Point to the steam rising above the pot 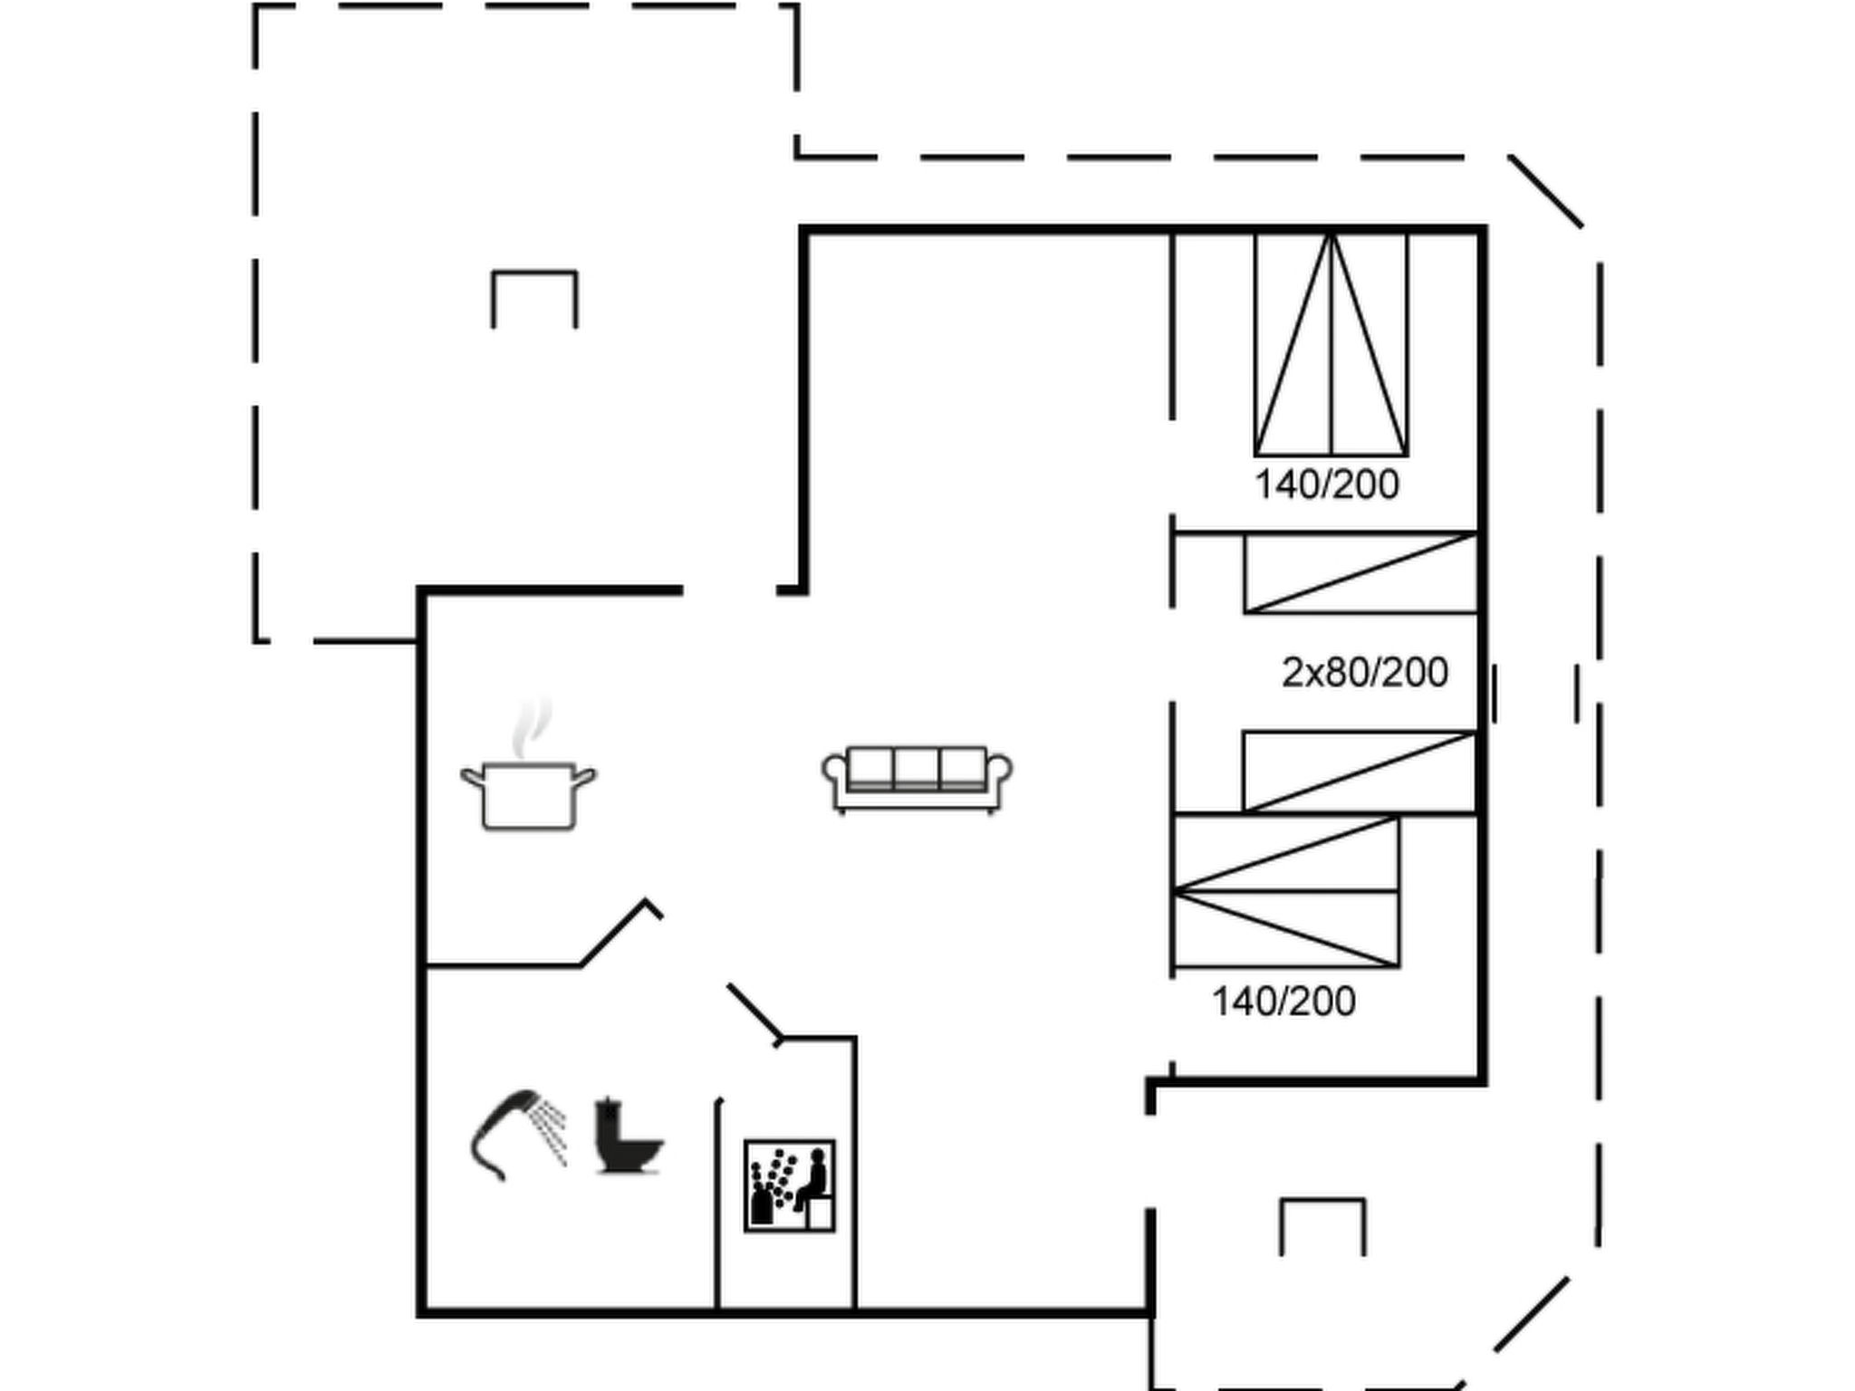(532, 727)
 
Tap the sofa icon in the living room (917, 780)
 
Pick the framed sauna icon (789, 1185)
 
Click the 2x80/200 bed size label (1364, 672)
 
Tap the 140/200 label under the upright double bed (1326, 484)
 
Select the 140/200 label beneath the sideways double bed (1283, 1001)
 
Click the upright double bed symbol (1331, 344)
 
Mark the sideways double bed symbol (1286, 891)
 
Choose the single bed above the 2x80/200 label (1360, 573)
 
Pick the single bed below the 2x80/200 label (1360, 772)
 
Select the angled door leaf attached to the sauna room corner (754, 1012)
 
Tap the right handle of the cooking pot (585, 777)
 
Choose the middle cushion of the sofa (917, 768)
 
